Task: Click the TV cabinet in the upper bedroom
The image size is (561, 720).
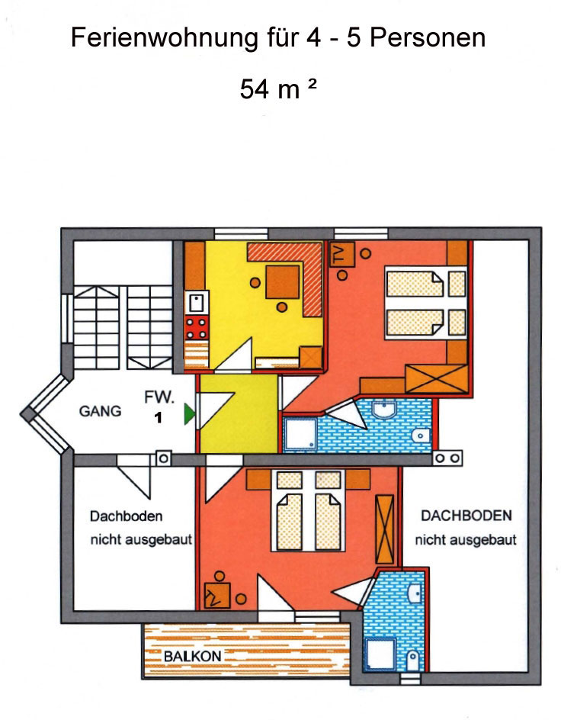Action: [341, 253]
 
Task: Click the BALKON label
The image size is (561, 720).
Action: [193, 656]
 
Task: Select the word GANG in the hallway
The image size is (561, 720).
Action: [100, 410]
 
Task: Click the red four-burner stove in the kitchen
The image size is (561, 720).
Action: [197, 328]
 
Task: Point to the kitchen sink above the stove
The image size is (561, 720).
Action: [197, 303]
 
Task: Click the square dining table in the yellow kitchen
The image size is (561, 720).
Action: [283, 282]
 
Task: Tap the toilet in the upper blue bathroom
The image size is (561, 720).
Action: [421, 436]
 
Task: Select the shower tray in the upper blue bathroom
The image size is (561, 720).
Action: [300, 432]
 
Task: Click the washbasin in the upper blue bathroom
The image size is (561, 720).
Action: [384, 408]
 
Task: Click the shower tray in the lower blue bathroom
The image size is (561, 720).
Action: [380, 653]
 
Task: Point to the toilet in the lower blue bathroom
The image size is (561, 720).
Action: [413, 661]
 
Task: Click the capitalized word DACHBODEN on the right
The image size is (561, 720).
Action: [466, 516]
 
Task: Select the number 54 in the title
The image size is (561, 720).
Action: [254, 89]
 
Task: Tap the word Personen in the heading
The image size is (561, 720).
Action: [428, 37]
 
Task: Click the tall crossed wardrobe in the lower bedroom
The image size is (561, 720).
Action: [384, 529]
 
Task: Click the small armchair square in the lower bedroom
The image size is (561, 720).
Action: [217, 596]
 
